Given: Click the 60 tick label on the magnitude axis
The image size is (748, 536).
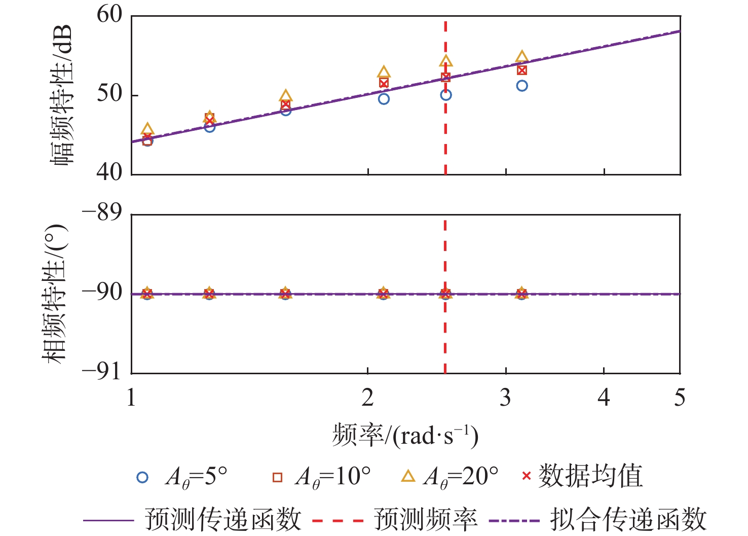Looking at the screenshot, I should coord(110,15).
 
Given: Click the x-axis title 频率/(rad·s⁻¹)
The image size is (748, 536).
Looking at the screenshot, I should coord(405,435).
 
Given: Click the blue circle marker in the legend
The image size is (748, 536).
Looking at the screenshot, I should coord(143,477).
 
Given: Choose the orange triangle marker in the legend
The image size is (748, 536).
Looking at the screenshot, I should coord(408,476).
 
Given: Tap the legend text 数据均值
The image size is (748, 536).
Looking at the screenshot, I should coord(590,477).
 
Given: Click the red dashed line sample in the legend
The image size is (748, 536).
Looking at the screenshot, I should coord(338,520).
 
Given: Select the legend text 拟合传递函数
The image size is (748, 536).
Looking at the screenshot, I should coord(628,519).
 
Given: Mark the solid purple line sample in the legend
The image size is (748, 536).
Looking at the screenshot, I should coord(108,520).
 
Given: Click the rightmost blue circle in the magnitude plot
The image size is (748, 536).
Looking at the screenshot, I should coord(522,86).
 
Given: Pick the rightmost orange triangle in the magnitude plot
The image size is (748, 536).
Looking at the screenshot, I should coord(522,57).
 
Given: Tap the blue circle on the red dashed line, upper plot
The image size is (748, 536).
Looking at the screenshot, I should coord(445,95).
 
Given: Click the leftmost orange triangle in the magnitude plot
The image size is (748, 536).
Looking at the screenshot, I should coord(147,129).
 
